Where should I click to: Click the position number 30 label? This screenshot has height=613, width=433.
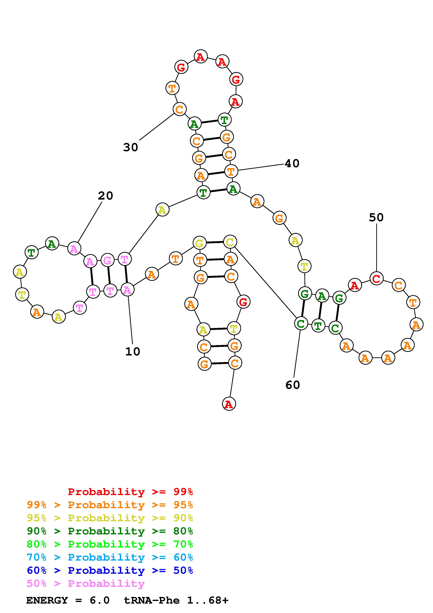point(130,147)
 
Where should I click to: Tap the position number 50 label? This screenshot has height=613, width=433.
point(376,218)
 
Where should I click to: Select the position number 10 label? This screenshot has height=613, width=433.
point(133,352)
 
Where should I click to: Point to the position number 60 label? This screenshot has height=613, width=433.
point(293,385)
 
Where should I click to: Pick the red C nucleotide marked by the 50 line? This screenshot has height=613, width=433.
point(376,279)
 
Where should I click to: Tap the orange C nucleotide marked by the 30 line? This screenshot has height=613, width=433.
point(180,109)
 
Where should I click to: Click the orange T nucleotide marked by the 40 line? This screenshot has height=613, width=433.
point(231,171)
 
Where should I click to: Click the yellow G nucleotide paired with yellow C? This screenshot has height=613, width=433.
point(200,243)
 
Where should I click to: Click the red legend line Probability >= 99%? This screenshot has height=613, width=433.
point(130,492)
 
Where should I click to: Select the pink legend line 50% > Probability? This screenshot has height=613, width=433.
point(85,584)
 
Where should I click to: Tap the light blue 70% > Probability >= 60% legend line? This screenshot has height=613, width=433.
point(110,557)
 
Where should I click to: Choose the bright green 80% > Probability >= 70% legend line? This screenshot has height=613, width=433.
point(110,544)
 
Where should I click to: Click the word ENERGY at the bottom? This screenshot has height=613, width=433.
point(47,600)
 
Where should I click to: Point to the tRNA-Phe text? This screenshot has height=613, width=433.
point(152,600)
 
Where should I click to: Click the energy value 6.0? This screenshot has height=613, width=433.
point(100,600)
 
